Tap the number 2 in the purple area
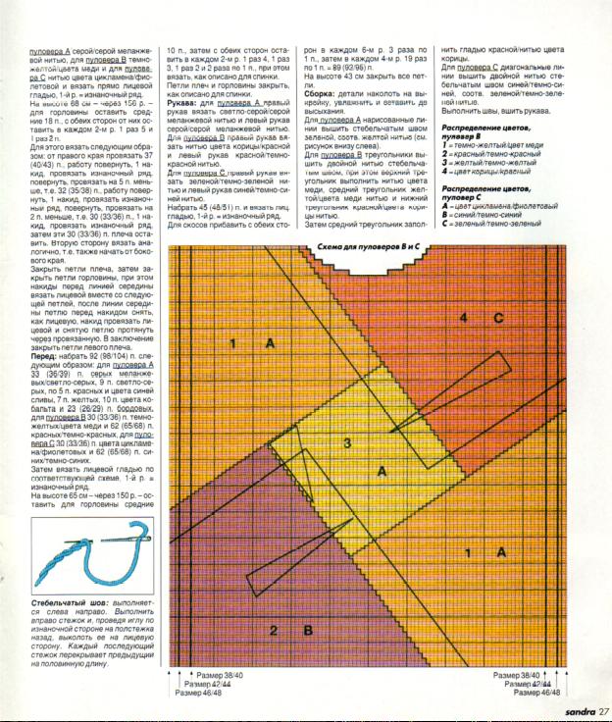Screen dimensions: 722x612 point(274,629)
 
